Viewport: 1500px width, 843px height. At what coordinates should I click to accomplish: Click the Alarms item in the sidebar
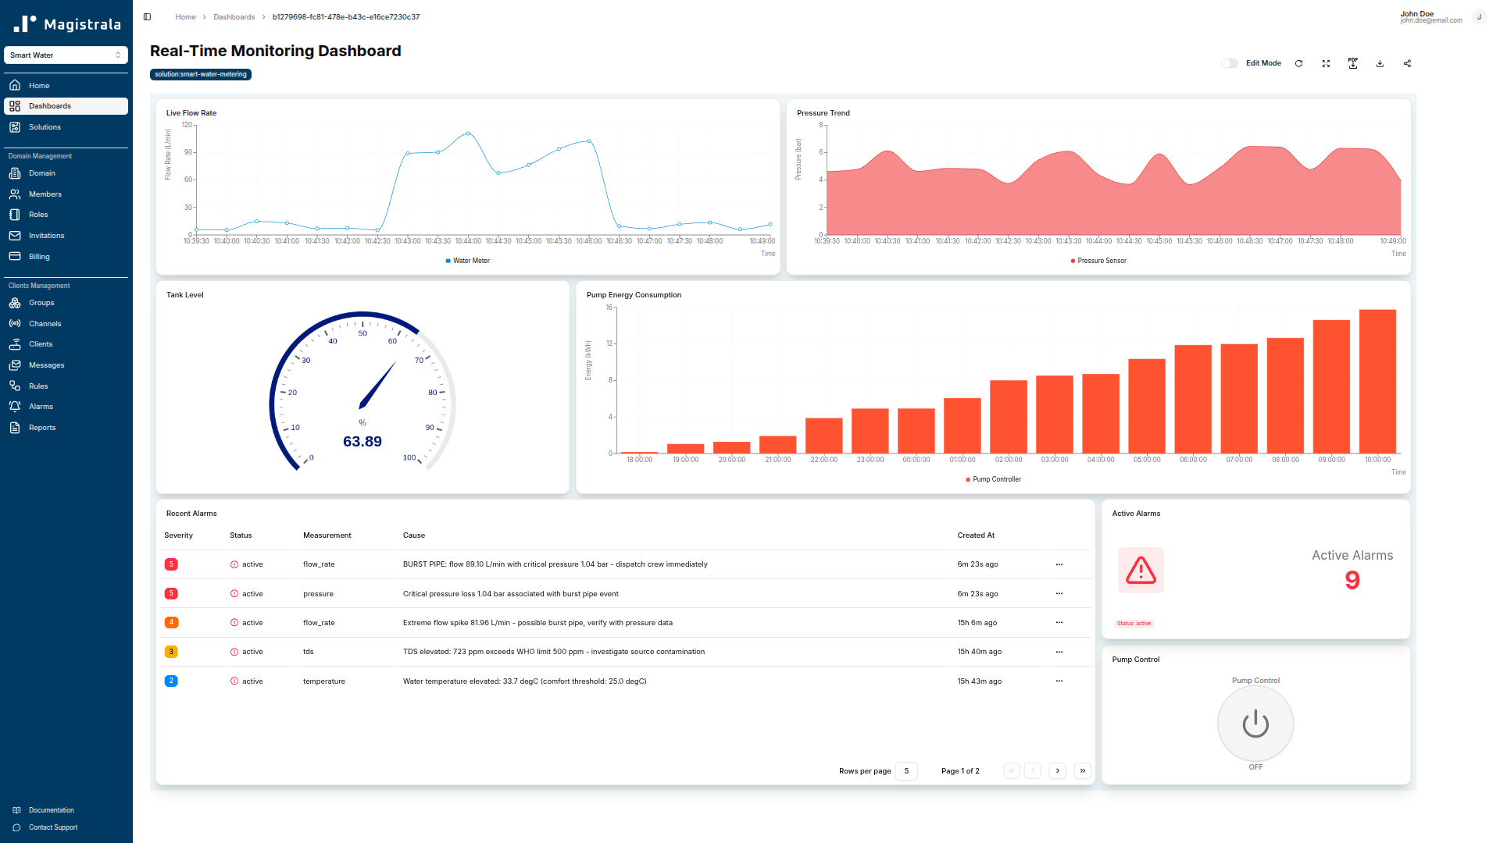click(x=41, y=407)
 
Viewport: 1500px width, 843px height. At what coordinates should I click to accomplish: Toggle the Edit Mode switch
click(x=1230, y=63)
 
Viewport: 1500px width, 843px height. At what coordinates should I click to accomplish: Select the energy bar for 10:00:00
click(x=1377, y=382)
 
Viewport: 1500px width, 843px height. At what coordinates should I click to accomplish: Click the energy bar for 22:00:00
click(x=823, y=436)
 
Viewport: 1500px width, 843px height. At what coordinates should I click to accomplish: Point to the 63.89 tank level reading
click(x=362, y=442)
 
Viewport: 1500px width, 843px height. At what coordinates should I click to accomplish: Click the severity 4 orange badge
click(x=171, y=623)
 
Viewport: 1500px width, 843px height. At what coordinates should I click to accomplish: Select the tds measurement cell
click(x=309, y=652)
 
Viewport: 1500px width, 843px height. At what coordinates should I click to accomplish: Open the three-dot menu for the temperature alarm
click(x=1059, y=681)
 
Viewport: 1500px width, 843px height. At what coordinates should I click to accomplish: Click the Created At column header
click(x=976, y=535)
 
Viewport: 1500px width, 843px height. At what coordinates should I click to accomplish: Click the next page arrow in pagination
click(x=1058, y=771)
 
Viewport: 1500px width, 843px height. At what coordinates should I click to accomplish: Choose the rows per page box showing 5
click(x=906, y=771)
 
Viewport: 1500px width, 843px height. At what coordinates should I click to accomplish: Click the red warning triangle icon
click(x=1141, y=571)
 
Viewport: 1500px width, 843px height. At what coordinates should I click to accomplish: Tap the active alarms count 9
click(x=1352, y=580)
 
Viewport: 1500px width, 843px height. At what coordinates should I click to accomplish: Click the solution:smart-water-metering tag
click(x=201, y=75)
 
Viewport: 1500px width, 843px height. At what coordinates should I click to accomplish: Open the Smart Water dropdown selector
click(x=66, y=55)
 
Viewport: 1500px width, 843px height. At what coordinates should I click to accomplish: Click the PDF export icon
click(x=1353, y=63)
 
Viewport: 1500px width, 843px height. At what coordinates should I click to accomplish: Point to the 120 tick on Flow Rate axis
click(x=187, y=125)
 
